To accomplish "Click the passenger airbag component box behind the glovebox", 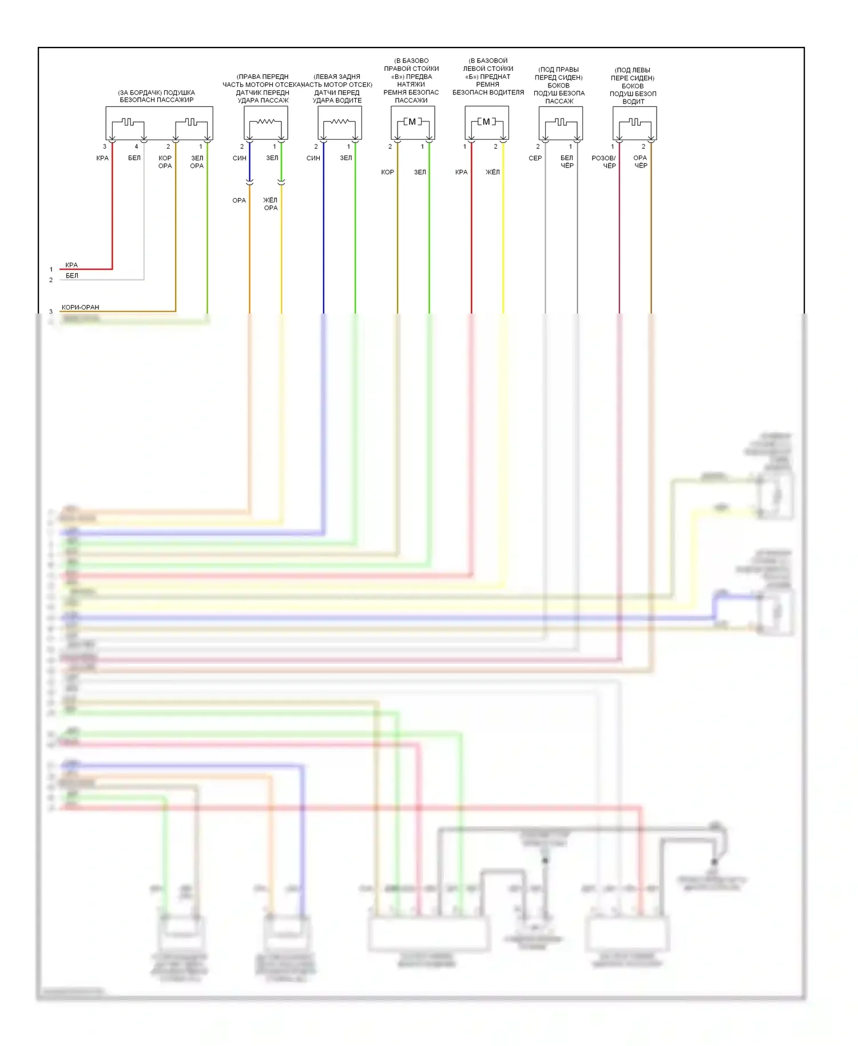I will pos(159,122).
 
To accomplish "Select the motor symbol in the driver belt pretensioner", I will pos(486,122).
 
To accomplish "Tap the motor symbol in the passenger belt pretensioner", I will pos(412,122).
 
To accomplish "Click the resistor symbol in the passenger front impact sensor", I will pos(265,122).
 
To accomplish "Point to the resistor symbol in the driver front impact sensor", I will pos(339,122).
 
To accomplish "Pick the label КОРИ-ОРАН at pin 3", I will pos(80,307).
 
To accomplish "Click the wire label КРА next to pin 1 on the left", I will pos(71,265).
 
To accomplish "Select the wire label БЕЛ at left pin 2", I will pos(72,276).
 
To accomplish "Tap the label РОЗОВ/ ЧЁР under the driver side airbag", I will pos(604,162).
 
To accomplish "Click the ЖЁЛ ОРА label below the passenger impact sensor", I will pos(271,204).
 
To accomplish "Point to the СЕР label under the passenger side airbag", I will pos(535,159).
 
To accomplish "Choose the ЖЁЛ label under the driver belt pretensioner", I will pos(492,172).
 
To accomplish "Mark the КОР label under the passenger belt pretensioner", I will pos(387,172).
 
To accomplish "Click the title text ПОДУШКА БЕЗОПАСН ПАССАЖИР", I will pos(157,96).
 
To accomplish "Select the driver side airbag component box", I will pos(634,122).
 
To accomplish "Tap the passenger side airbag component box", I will pos(561,122).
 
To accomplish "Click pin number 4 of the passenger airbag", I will pos(136,147).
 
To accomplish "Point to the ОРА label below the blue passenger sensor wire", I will pos(239,201).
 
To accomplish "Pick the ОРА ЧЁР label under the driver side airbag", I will pos(640,162).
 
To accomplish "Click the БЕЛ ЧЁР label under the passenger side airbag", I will pos(567,162).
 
